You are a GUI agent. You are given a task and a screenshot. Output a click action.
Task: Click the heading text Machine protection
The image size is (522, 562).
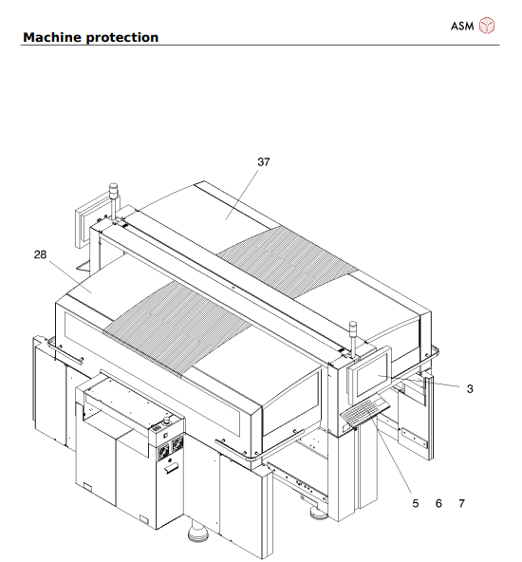point(90,37)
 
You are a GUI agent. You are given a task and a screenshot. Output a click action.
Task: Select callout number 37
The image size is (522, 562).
point(263,162)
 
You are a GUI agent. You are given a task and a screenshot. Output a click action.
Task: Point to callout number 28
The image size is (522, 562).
point(38,253)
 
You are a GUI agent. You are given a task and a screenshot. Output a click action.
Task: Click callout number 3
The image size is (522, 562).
point(470,388)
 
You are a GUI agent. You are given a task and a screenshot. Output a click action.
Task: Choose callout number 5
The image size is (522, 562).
point(416,503)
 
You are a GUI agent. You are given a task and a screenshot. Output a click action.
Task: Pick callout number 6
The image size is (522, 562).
point(438,503)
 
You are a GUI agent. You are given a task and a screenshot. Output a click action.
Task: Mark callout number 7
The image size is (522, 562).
point(461,503)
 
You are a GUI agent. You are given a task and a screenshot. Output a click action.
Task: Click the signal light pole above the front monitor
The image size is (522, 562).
point(352,334)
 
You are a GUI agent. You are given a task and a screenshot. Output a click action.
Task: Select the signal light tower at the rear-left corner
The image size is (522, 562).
point(114,195)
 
